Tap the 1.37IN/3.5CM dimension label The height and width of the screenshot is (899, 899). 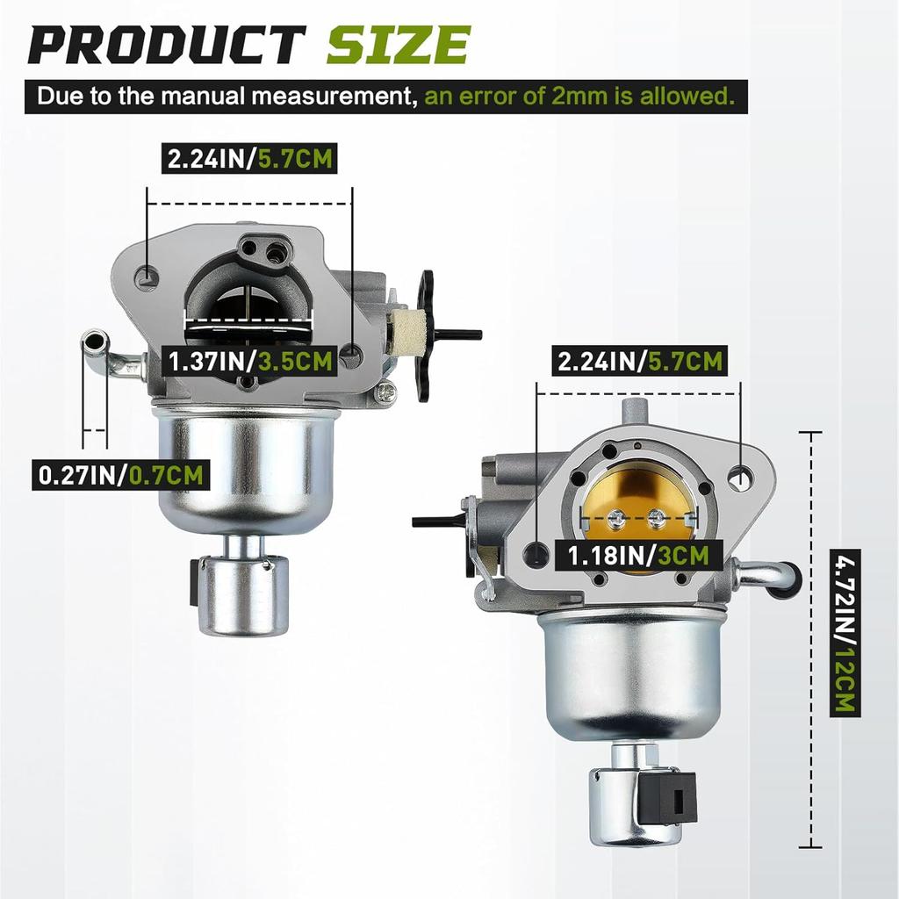252,361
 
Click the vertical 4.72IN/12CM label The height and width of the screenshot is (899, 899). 846,633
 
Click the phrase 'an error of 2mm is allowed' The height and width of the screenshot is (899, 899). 579,95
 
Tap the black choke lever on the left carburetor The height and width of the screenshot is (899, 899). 426,334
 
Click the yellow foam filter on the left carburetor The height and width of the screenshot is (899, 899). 409,334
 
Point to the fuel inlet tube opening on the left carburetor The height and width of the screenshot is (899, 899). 94,339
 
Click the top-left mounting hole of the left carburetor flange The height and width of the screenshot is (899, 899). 147,279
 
